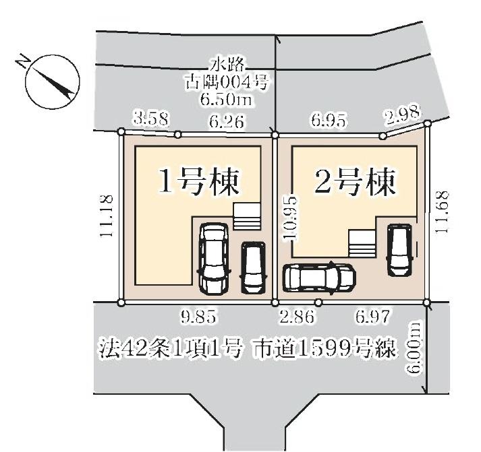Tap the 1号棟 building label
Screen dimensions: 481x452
(198, 183)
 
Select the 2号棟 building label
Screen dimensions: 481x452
(355, 183)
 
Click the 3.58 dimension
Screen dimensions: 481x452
(152, 118)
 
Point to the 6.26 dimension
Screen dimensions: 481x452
(227, 122)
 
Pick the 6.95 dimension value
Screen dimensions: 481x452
(329, 121)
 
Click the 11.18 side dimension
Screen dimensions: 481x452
(107, 216)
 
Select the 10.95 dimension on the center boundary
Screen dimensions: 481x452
(290, 219)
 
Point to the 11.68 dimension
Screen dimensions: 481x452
(441, 212)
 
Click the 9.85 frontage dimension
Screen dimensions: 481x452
(198, 317)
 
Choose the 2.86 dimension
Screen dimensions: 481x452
(297, 317)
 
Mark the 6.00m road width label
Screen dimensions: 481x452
(414, 348)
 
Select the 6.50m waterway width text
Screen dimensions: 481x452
(227, 99)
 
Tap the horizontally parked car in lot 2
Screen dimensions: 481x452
(320, 278)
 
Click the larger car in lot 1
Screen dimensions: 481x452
(214, 259)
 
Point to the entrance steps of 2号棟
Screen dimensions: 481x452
(362, 244)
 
